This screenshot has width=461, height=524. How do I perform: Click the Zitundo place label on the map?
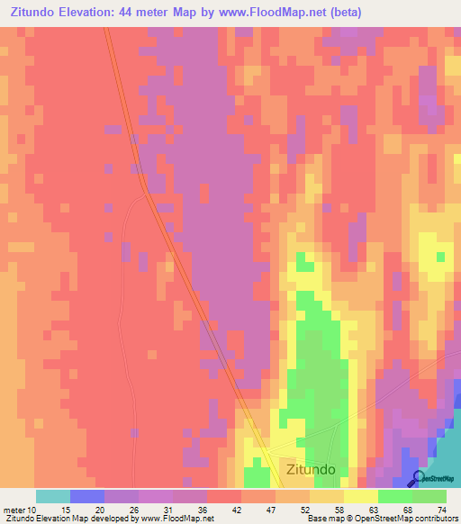point(311,469)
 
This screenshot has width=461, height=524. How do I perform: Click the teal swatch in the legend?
point(52,496)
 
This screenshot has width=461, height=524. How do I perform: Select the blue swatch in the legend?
point(86,496)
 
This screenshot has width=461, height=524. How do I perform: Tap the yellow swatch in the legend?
point(360,496)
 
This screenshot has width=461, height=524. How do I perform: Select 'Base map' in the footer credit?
point(325,519)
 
